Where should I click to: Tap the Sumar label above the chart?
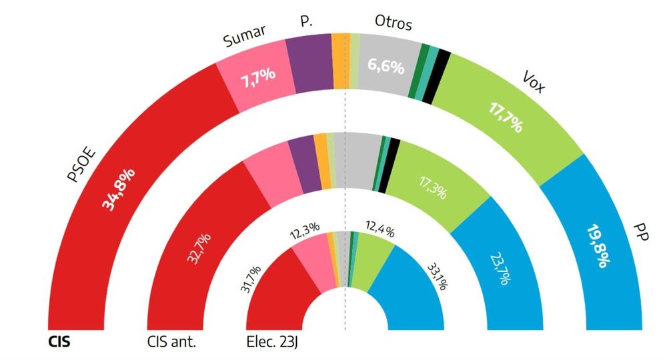[244, 38]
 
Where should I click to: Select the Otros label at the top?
[394, 24]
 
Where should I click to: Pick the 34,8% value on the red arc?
[120, 190]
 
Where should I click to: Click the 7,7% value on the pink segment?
[257, 78]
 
